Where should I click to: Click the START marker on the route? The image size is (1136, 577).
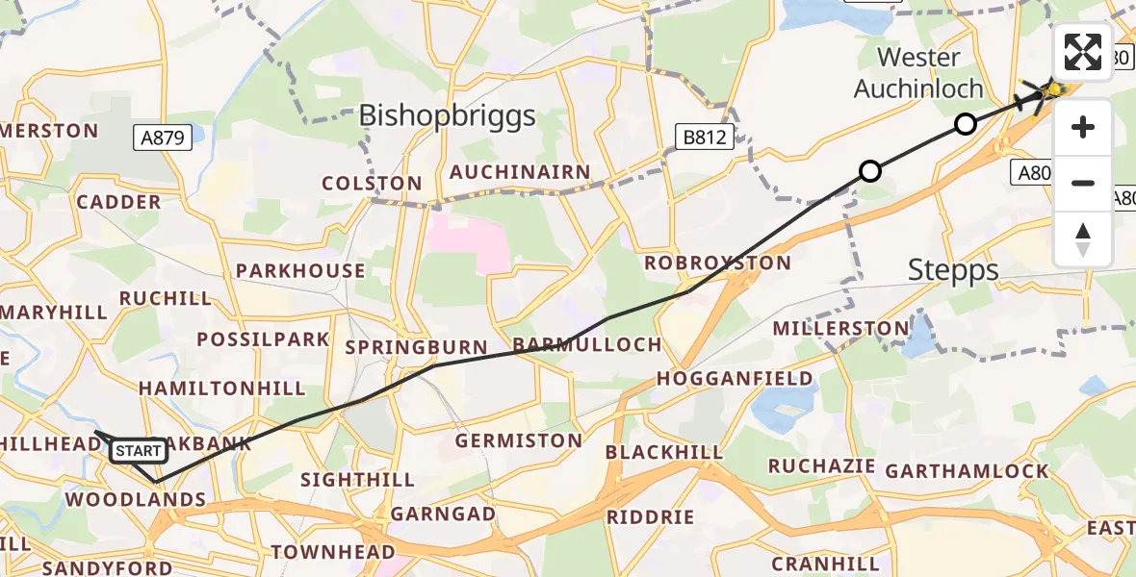click(x=138, y=450)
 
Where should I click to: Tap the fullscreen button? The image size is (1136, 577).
click(x=1083, y=52)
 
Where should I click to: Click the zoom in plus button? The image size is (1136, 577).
click(x=1083, y=128)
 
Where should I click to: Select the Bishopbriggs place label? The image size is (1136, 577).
click(x=447, y=116)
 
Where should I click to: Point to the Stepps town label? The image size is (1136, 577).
click(x=953, y=271)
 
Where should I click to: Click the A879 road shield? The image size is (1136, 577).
click(x=163, y=138)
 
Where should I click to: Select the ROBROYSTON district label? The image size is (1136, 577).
click(x=717, y=263)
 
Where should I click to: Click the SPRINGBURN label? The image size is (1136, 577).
click(x=416, y=346)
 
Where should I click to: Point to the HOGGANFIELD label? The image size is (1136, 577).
click(x=735, y=379)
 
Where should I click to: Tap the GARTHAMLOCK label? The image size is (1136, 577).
click(x=967, y=471)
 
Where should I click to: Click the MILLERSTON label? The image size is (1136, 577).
click(x=840, y=329)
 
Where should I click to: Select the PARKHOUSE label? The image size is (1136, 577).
click(x=300, y=271)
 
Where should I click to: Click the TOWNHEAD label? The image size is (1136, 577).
click(x=333, y=552)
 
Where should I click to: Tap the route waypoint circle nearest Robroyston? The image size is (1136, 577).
click(x=869, y=171)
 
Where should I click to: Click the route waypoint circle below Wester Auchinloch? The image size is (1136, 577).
click(x=965, y=123)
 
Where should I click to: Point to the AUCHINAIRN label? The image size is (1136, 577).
click(x=521, y=173)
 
